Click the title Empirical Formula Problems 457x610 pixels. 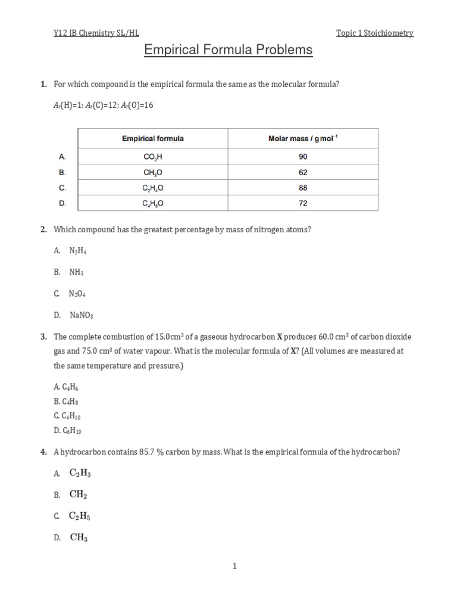click(228, 50)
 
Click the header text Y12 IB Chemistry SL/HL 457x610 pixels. click(96, 33)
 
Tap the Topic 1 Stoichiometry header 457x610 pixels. click(374, 33)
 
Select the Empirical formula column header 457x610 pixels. click(153, 139)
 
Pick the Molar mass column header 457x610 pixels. click(303, 139)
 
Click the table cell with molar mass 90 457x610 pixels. click(303, 157)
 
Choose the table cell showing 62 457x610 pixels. click(303, 172)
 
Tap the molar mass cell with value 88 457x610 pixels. click(303, 188)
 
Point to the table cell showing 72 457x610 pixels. click(303, 203)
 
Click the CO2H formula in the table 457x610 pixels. click(153, 157)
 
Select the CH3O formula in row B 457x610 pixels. click(153, 172)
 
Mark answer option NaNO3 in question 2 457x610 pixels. click(81, 315)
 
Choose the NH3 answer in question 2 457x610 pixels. click(76, 272)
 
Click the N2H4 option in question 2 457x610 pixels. click(78, 251)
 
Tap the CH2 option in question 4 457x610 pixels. click(79, 494)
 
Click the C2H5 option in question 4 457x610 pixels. click(80, 516)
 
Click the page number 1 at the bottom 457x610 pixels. click(234, 567)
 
